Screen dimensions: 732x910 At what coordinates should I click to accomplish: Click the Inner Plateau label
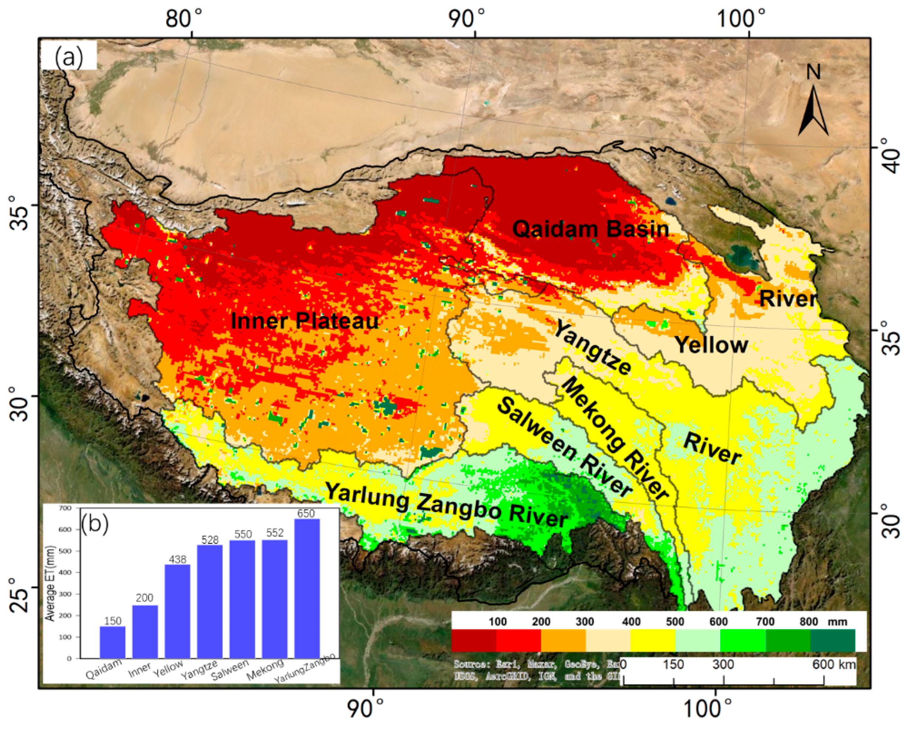[x=305, y=321]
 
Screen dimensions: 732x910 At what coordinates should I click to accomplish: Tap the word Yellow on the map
[x=711, y=345]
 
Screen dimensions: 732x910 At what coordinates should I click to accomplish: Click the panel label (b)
[x=95, y=524]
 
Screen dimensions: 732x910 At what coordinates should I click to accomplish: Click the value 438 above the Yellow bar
[x=177, y=560]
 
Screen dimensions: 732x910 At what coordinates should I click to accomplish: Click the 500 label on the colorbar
[x=675, y=621]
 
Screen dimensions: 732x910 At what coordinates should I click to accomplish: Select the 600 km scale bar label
[x=833, y=664]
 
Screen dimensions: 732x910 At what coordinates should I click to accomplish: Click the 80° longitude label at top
[x=184, y=19]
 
